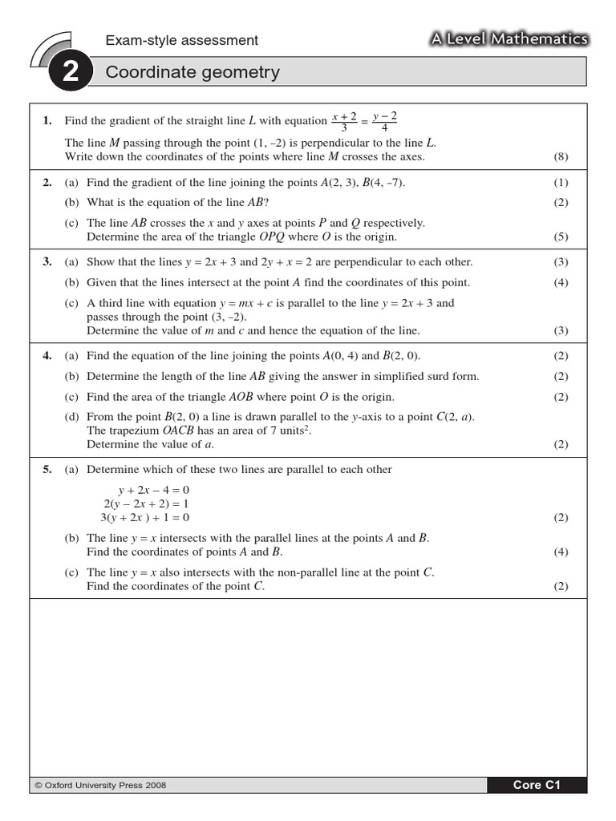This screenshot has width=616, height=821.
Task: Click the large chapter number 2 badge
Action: pos(70,73)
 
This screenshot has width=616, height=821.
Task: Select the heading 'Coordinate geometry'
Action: pos(192,73)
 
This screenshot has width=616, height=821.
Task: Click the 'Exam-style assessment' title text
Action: pos(182,40)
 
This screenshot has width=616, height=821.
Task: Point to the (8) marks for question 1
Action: pos(561,157)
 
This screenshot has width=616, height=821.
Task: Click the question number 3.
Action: pos(47,262)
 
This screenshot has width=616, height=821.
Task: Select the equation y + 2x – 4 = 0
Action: pos(154,490)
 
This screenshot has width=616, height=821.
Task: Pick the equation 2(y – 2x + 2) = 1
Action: pos(146,504)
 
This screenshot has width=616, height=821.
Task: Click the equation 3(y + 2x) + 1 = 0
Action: pos(145,517)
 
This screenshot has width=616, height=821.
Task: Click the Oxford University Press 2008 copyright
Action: pos(101,786)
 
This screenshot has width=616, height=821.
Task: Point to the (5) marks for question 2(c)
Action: pos(561,237)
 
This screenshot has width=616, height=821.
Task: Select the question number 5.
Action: pos(47,470)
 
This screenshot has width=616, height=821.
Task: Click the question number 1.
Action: pos(47,121)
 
